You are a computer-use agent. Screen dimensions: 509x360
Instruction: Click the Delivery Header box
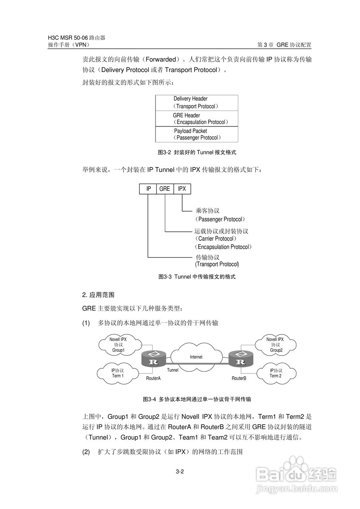[x=197, y=103]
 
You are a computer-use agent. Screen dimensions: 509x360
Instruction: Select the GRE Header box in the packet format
[x=197, y=119]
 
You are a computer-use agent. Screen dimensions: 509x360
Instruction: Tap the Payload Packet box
[x=197, y=134]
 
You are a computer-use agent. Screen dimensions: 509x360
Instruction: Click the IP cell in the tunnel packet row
[x=148, y=189]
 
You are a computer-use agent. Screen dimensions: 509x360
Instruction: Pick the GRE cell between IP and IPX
[x=165, y=189]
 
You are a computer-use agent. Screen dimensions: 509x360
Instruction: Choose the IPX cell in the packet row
[x=182, y=189]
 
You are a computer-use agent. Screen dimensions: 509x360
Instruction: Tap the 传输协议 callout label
[x=207, y=257]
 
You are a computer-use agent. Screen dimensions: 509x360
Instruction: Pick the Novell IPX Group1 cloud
[x=118, y=345]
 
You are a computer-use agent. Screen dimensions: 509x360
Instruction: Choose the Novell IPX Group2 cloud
[x=275, y=345]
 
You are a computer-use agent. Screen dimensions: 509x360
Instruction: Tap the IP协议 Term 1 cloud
[x=117, y=373]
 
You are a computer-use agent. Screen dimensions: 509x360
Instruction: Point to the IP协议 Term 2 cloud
[x=275, y=373]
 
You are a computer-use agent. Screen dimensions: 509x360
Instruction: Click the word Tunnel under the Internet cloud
[x=173, y=370]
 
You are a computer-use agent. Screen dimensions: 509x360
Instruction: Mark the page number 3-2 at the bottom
[x=180, y=472]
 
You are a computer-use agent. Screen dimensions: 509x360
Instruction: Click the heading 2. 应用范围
[x=98, y=295]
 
